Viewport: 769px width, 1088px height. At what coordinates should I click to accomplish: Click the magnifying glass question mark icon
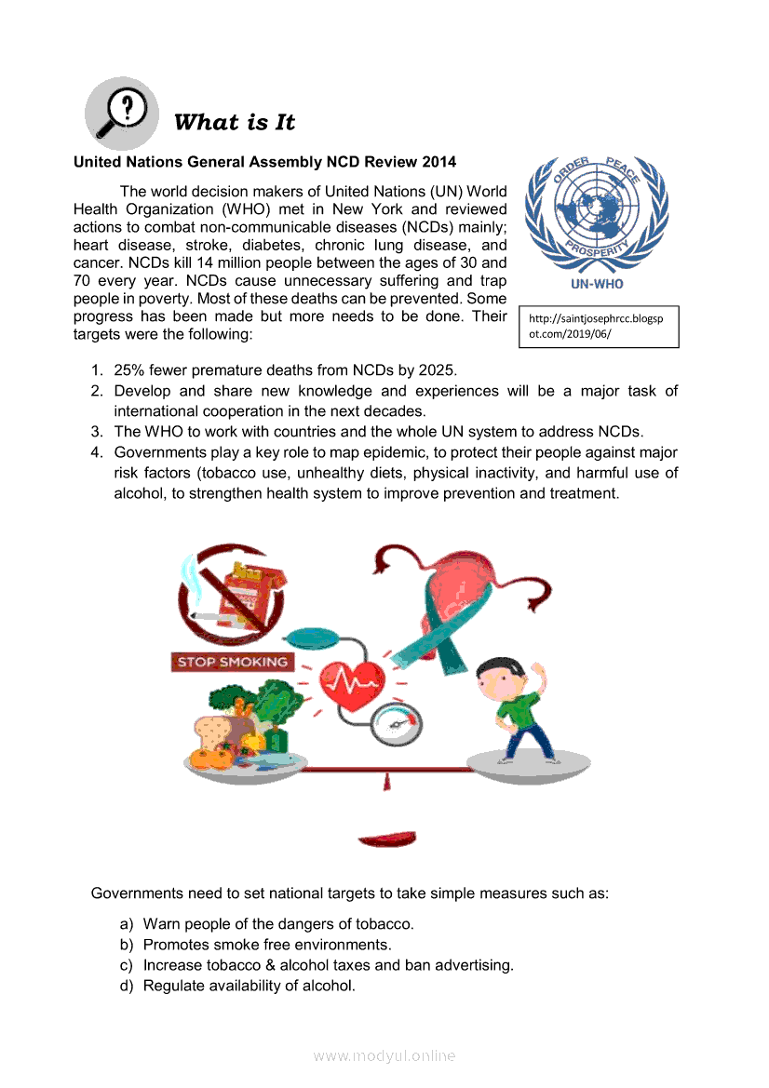pyautogui.click(x=122, y=114)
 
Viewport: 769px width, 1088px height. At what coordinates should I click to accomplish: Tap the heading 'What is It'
pyautogui.click(x=235, y=122)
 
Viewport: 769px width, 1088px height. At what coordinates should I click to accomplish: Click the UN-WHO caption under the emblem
pyautogui.click(x=597, y=284)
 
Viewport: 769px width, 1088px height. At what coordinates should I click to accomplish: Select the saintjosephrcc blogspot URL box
pyautogui.click(x=598, y=326)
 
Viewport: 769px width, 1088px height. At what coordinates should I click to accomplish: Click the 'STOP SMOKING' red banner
pyautogui.click(x=232, y=662)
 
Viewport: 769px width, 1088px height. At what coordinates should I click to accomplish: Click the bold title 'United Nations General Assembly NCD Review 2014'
pyautogui.click(x=264, y=162)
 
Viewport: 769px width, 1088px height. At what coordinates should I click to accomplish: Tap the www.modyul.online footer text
pyautogui.click(x=384, y=1055)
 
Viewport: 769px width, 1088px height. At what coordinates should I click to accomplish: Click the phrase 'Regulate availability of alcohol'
pyautogui.click(x=249, y=986)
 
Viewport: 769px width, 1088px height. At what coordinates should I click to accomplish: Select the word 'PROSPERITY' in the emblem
pyautogui.click(x=597, y=250)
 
